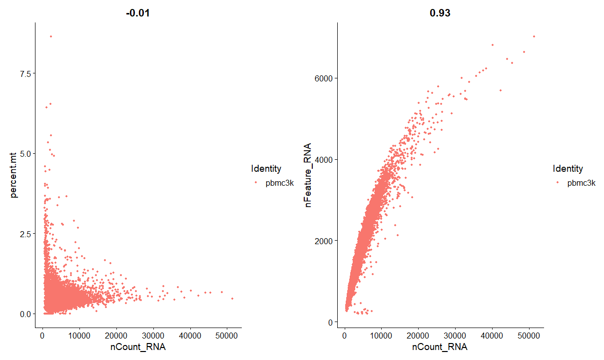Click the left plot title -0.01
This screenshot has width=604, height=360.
137,13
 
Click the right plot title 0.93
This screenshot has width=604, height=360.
440,13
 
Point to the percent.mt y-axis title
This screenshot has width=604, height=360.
15,170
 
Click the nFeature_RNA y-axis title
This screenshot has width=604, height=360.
310,175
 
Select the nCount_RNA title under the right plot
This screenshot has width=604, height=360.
440,347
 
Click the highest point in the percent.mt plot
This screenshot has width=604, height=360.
50,36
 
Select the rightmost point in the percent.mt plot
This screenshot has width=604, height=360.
232,299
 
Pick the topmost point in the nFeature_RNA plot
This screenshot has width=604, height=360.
534,36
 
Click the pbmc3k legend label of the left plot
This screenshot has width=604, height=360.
280,183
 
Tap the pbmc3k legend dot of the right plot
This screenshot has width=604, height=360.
558,183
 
